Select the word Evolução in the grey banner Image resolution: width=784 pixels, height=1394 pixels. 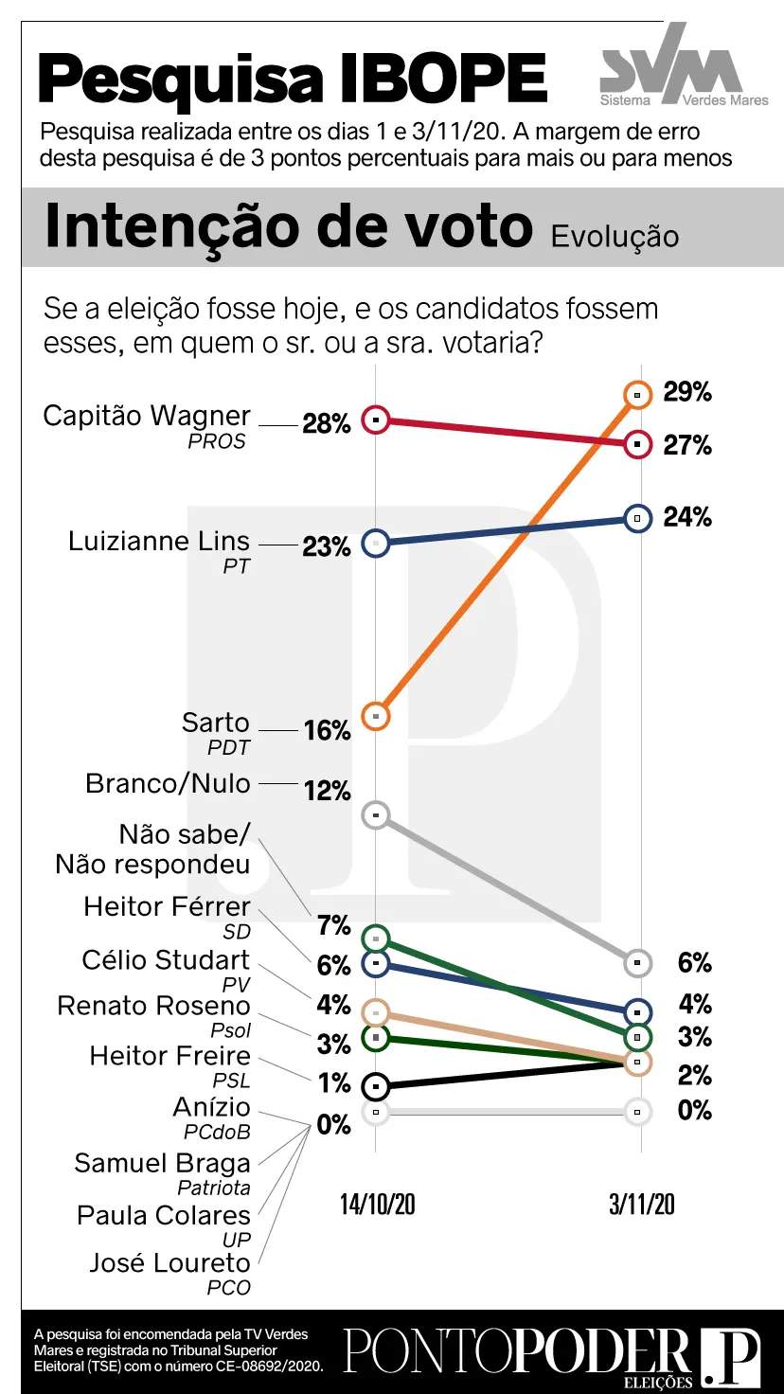(615, 236)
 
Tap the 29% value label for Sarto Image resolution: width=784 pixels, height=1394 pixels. (687, 392)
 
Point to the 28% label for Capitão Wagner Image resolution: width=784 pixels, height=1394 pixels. (327, 424)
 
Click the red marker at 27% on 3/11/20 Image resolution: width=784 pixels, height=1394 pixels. (638, 443)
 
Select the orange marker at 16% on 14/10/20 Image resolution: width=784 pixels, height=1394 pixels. (377, 716)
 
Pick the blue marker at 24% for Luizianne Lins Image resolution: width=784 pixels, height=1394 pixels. (638, 518)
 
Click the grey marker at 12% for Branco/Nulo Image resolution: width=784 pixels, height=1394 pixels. (377, 814)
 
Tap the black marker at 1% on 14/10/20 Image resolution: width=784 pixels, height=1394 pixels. (377, 1085)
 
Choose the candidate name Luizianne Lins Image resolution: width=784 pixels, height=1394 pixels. (159, 542)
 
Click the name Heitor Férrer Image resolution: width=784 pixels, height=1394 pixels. (167, 906)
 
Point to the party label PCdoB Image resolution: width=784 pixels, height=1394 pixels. (217, 1131)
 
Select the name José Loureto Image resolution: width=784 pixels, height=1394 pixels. (169, 1262)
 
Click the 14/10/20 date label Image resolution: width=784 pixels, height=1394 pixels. (378, 1204)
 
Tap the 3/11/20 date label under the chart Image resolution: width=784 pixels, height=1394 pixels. (642, 1204)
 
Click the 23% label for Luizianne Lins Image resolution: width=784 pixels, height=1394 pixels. (327, 546)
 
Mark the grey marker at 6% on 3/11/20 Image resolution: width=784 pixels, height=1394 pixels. (638, 963)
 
